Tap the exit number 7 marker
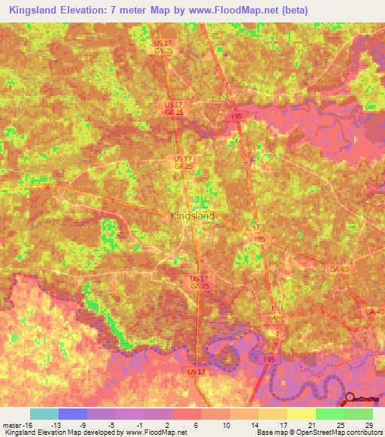(x=226, y=86)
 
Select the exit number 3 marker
(x=256, y=227)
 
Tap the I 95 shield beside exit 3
(x=259, y=239)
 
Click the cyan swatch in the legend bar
(x=44, y=414)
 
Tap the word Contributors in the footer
(x=360, y=433)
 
